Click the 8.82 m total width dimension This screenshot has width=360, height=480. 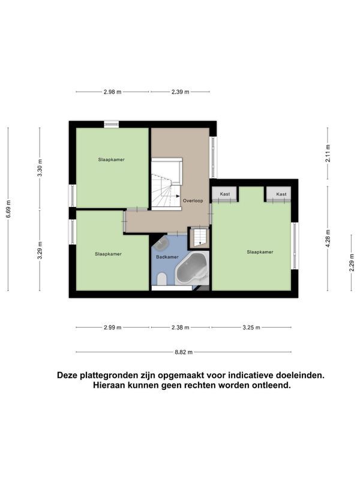184,352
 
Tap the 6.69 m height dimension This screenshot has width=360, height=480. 8,209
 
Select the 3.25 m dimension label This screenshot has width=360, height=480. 251,328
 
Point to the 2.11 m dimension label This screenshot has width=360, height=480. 328,153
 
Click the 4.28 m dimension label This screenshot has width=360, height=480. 328,239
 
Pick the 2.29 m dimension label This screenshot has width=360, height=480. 352,263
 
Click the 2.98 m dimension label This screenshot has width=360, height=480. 112,92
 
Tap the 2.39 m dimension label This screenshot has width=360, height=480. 181,92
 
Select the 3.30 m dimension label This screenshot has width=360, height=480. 40,168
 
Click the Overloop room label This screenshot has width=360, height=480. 193,201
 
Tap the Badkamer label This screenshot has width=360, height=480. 167,257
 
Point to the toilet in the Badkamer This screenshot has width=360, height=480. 161,278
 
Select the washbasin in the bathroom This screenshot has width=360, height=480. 161,243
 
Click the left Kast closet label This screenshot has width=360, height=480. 224,194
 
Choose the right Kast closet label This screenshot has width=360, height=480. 281,194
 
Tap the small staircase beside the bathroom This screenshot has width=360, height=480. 199,236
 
